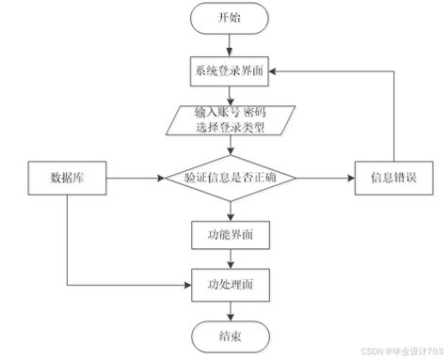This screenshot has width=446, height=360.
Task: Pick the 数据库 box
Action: pos(66,176)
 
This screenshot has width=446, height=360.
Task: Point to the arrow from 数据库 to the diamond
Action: pos(132,176)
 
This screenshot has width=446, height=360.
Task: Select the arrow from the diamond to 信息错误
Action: pos(326,176)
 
